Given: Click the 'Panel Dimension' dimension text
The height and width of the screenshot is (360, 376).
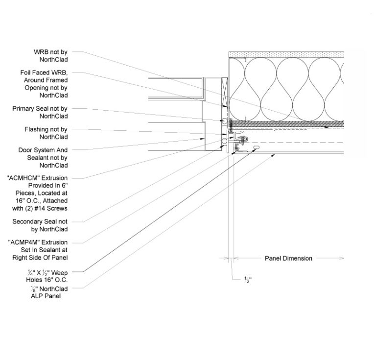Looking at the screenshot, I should pyautogui.click(x=288, y=258).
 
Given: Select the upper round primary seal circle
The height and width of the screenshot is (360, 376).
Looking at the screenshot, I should pyautogui.click(x=223, y=120).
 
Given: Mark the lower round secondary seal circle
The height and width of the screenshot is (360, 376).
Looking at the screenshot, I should pyautogui.click(x=223, y=141).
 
